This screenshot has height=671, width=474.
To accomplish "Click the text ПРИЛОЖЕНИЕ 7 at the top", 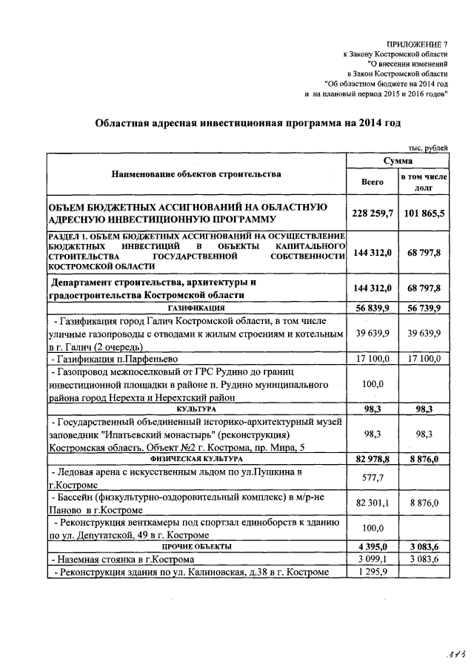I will [418, 44].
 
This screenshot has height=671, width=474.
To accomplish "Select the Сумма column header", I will [398, 161].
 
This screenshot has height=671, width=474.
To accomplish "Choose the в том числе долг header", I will [423, 182].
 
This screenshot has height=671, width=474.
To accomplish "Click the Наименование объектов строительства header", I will [196, 175].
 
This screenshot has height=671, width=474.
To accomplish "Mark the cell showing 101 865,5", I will [424, 214].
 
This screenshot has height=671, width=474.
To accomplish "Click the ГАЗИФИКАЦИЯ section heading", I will [196, 307].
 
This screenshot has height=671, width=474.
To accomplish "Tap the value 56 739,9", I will [424, 307].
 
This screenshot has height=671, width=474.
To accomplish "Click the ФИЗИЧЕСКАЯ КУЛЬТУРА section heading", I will [196, 459].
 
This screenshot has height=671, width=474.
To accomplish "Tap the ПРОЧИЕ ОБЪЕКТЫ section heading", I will [196, 546].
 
